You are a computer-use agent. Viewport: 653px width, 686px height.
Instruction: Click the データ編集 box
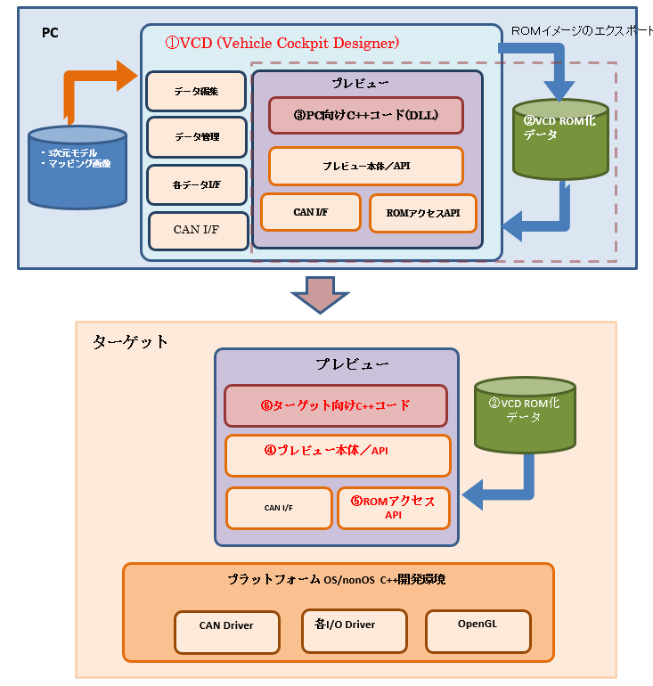[x=196, y=91]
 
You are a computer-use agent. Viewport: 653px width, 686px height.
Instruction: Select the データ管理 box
[x=196, y=137]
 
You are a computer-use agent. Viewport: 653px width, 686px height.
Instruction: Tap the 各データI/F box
[x=196, y=184]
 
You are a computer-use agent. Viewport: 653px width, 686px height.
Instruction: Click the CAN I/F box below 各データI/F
[x=196, y=231]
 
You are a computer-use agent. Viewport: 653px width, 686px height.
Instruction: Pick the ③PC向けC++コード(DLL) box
[x=366, y=115]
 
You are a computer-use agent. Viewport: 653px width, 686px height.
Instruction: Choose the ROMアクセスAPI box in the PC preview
[x=423, y=213]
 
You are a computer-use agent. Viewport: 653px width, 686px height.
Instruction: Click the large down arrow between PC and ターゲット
[x=319, y=294]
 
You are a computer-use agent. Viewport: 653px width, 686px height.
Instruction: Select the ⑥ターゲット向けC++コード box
[x=336, y=405]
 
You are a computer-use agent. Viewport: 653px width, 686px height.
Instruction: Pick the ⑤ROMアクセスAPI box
[x=393, y=508]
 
